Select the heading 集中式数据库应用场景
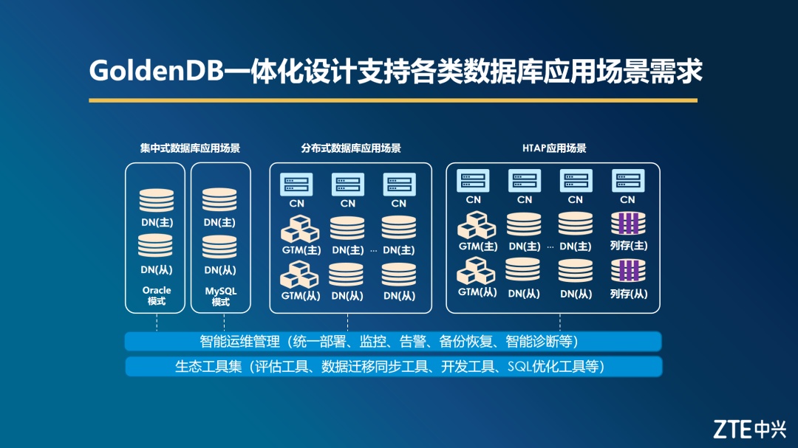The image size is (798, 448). pos(190,148)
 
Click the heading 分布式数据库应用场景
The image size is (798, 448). pos(351,148)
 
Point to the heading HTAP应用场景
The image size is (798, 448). pos(554,148)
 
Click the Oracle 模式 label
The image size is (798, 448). pos(157,296)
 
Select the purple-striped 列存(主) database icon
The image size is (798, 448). pos(628,224)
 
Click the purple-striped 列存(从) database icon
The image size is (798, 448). pos(628,271)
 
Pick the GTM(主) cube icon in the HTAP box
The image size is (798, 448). pos(477,225)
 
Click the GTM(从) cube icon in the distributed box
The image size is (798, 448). pos(299,275)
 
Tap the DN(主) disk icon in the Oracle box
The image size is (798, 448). pos(157,200)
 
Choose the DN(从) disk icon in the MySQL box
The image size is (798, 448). pos(219,247)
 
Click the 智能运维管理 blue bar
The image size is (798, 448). pos(393,342)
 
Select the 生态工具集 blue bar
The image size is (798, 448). pos(393,366)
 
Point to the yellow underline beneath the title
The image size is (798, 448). pos(393,100)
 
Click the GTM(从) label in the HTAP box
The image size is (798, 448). pos(477,292)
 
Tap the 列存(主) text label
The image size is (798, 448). pos(628,246)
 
